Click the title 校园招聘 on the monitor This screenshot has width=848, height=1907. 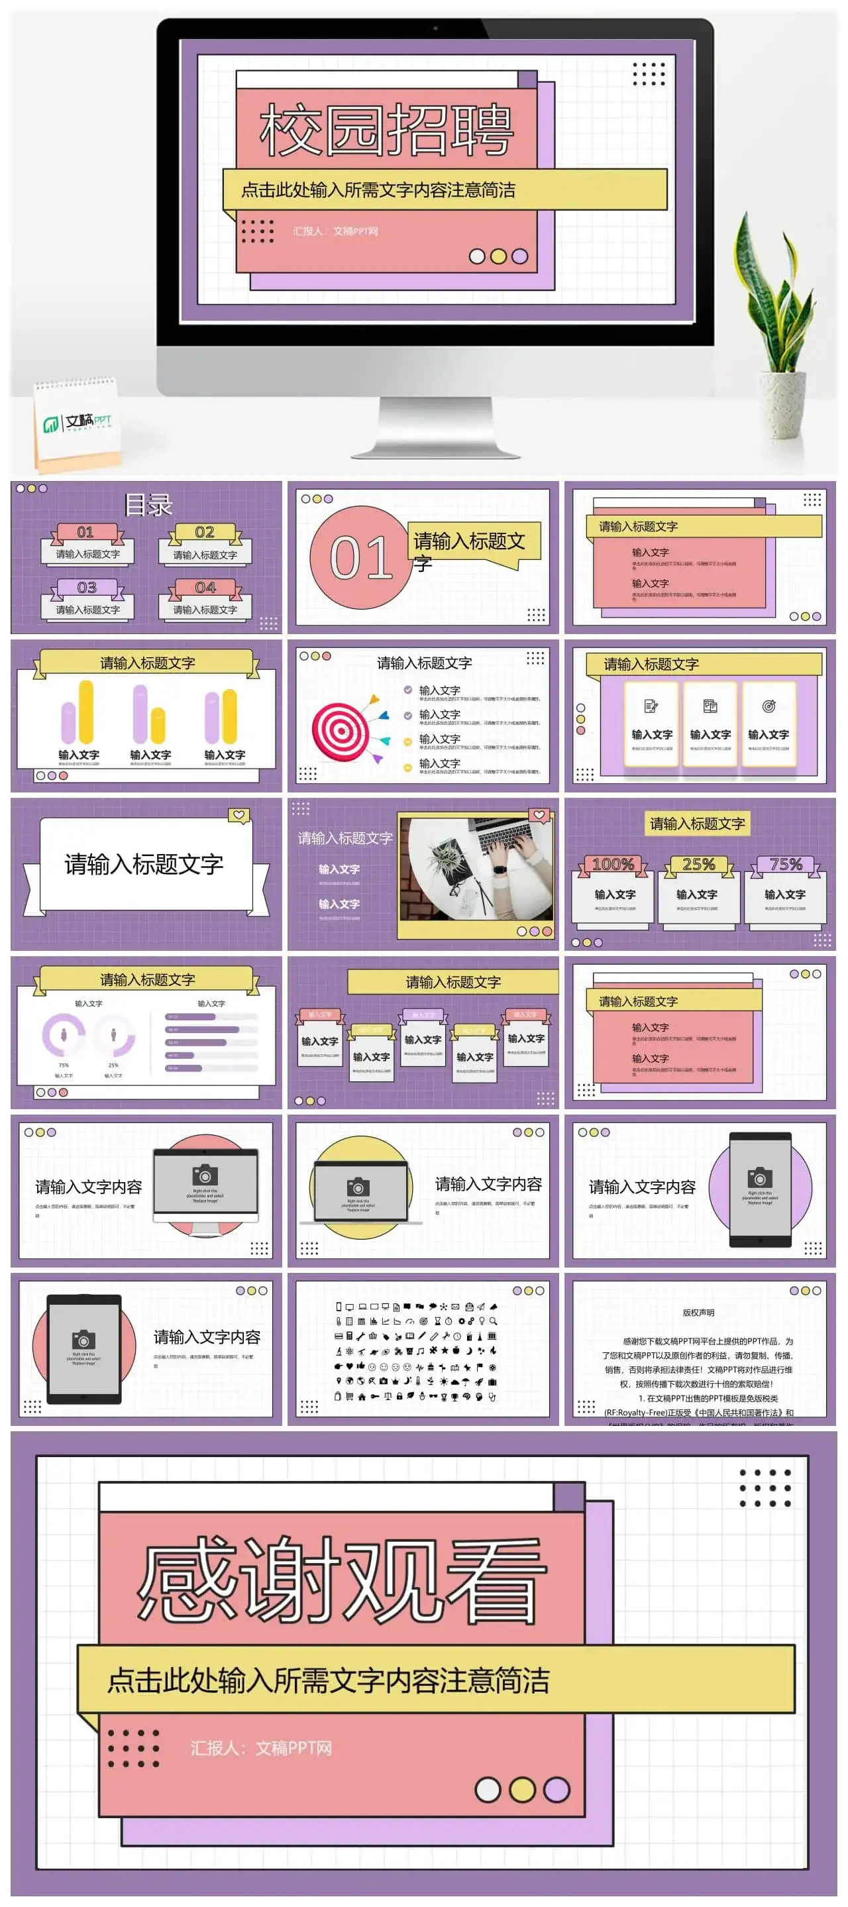[x=386, y=131]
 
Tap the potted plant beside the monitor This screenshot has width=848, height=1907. [x=777, y=311]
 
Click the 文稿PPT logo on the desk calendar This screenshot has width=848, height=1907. [x=78, y=423]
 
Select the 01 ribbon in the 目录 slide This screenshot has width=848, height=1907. [x=86, y=532]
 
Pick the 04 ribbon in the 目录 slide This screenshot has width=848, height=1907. [x=205, y=588]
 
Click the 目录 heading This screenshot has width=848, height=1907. [x=148, y=505]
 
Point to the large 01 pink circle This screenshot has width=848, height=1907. [x=360, y=557]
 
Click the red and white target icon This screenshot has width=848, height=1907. [x=341, y=732]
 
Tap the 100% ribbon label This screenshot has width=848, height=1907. [x=613, y=864]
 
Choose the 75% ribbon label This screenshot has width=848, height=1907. [x=785, y=864]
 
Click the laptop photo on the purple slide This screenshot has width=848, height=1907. [x=475, y=867]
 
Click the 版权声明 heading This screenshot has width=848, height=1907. [x=698, y=1313]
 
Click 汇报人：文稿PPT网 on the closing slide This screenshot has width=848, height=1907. [x=260, y=1748]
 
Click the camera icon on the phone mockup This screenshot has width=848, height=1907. [x=759, y=1176]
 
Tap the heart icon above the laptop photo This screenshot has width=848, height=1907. [x=539, y=815]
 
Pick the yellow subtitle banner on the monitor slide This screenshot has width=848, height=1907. [x=445, y=190]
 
